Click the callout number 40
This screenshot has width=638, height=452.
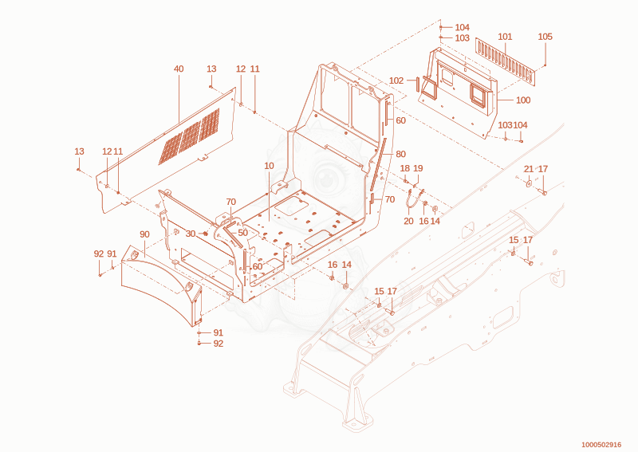tap(179, 69)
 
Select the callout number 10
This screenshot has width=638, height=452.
tap(269, 166)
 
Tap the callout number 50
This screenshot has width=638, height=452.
tap(243, 233)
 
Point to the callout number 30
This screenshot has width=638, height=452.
tap(191, 234)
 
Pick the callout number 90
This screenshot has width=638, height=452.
tap(144, 234)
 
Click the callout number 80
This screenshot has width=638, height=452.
tap(401, 154)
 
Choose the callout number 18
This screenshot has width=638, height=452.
tap(405, 168)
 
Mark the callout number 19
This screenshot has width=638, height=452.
tap(418, 168)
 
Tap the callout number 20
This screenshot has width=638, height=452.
tap(408, 221)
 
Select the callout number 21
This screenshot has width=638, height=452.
tap(529, 169)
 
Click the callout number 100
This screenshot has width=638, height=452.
tap(523, 100)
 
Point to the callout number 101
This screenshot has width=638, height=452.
tap(505, 37)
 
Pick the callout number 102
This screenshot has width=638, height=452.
tap(396, 81)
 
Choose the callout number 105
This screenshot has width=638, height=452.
tap(545, 37)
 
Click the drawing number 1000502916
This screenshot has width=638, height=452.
tap(601, 445)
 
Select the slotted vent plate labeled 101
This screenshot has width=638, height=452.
tap(506, 62)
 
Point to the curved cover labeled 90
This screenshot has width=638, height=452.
tap(162, 285)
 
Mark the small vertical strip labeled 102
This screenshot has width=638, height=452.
tap(417, 85)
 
